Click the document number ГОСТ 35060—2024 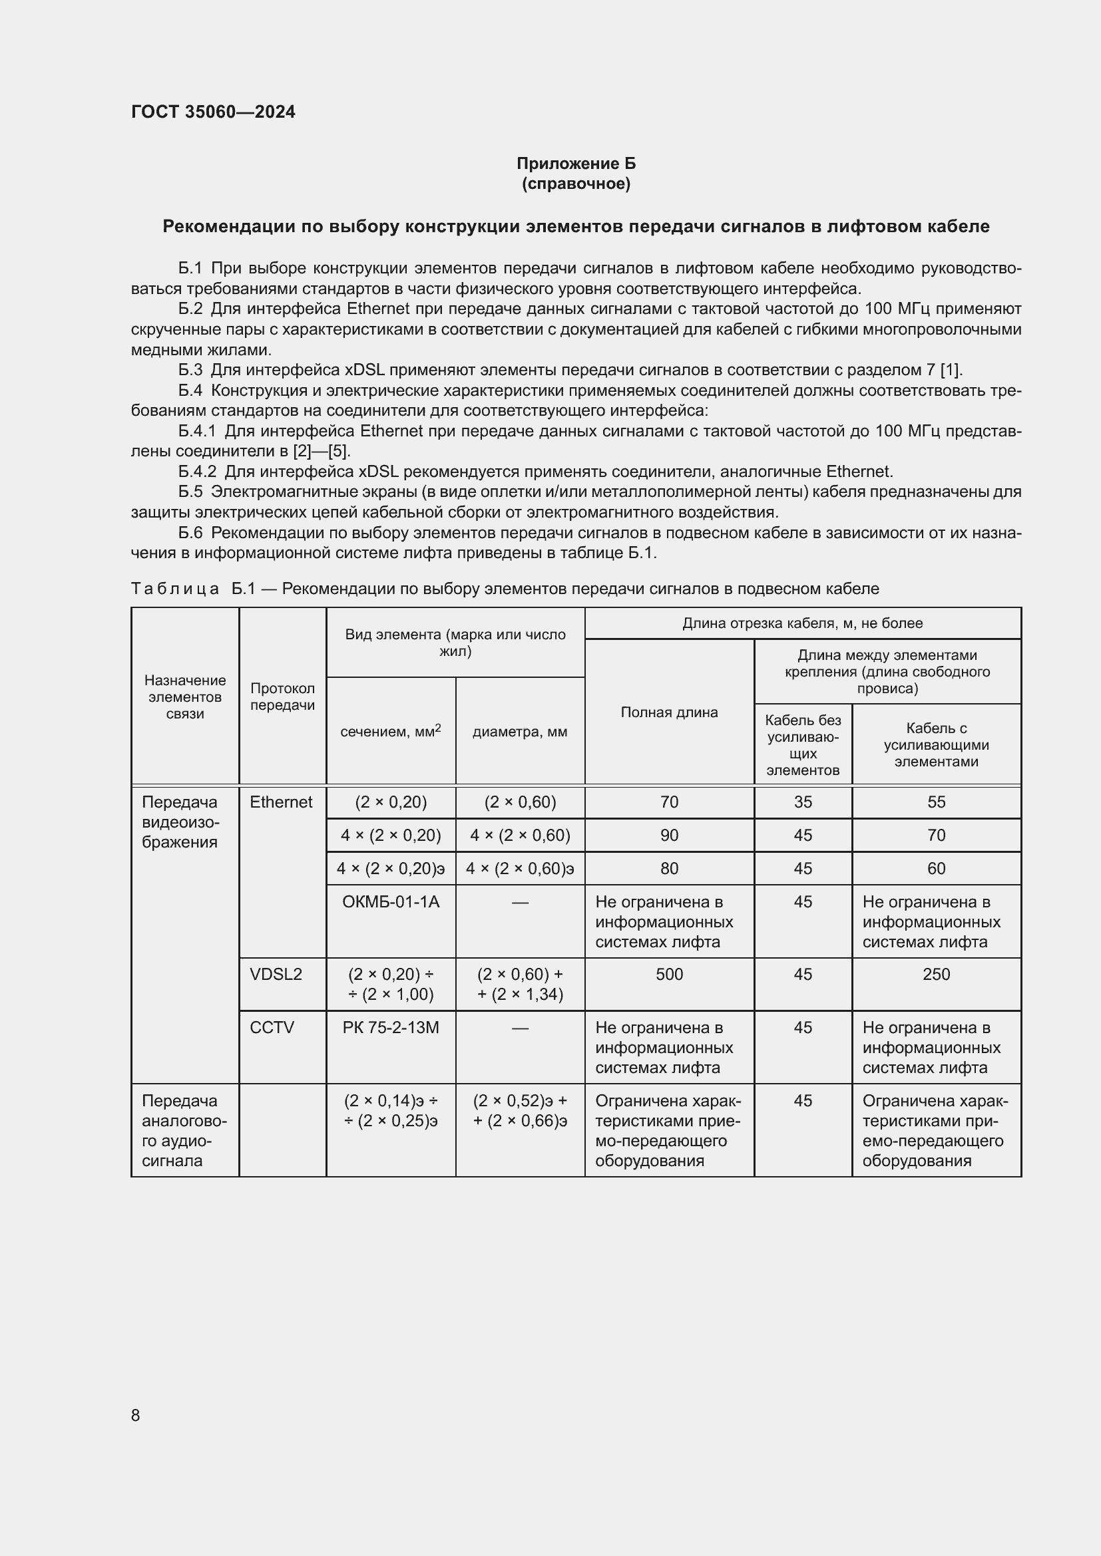pyautogui.click(x=213, y=112)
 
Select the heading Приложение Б pyautogui.click(x=576, y=164)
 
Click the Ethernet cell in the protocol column pyautogui.click(x=281, y=802)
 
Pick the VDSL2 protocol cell pyautogui.click(x=276, y=974)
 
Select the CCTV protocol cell pyautogui.click(x=272, y=1027)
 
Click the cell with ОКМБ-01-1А pyautogui.click(x=391, y=901)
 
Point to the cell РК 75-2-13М pyautogui.click(x=391, y=1027)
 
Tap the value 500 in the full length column pyautogui.click(x=668, y=974)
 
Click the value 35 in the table pyautogui.click(x=803, y=802)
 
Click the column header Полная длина pyautogui.click(x=668, y=712)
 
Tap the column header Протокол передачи pyautogui.click(x=282, y=696)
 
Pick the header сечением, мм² pyautogui.click(x=391, y=731)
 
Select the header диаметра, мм pyautogui.click(x=519, y=731)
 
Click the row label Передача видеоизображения pyautogui.click(x=180, y=822)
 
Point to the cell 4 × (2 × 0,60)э pyautogui.click(x=519, y=868)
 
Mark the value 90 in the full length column pyautogui.click(x=668, y=835)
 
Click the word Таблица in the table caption pyautogui.click(x=174, y=588)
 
